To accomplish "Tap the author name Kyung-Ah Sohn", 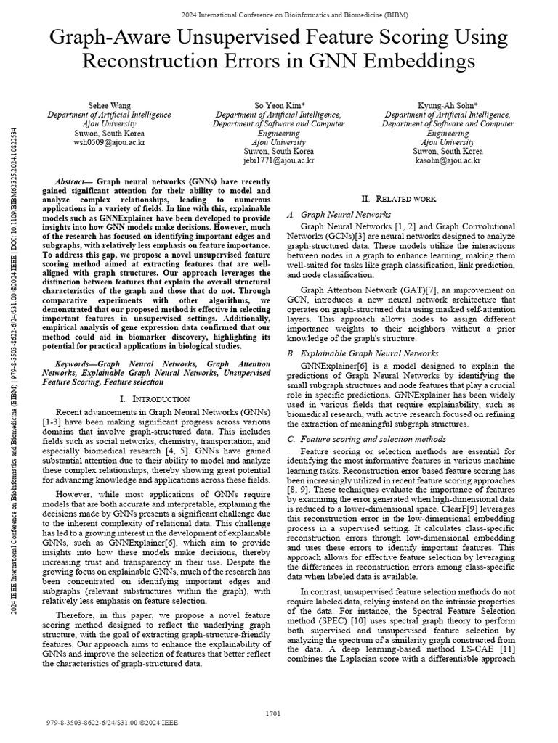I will click(447, 105).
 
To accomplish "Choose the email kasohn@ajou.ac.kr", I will click(447, 160).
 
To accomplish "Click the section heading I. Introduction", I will click(153, 399).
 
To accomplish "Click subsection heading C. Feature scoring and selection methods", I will click(377, 439).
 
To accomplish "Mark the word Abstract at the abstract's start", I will click(70, 181).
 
